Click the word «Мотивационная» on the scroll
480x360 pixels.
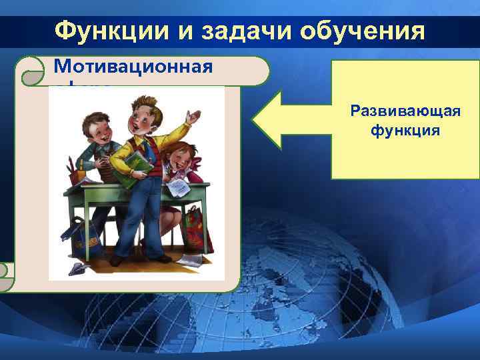click(133, 67)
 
